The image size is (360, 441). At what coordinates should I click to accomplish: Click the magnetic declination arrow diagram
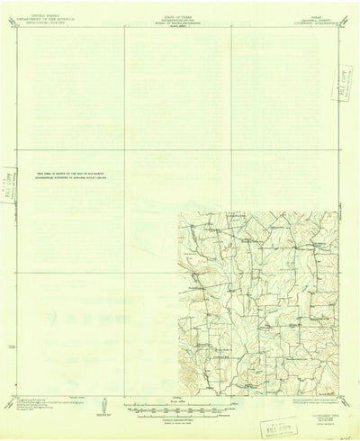point(106,401)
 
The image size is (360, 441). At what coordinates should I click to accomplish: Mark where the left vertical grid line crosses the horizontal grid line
point(124,149)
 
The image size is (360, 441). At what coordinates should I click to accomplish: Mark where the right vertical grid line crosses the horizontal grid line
point(232,149)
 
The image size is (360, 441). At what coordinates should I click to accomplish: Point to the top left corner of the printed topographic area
point(180,212)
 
